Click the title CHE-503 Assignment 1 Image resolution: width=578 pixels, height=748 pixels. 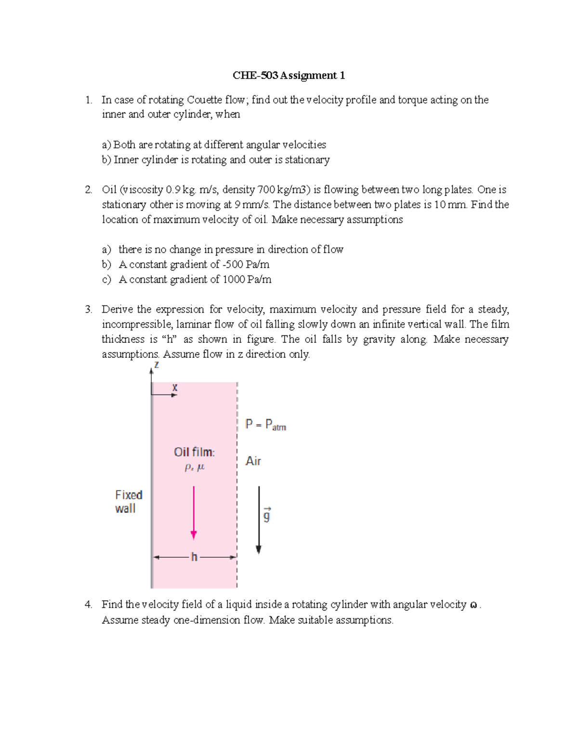click(x=289, y=76)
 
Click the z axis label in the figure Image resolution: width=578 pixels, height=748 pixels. click(x=157, y=365)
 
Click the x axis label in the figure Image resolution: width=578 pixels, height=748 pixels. click(x=175, y=387)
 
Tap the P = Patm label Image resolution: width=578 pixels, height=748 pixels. click(x=265, y=425)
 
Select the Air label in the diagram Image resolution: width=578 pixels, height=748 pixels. click(x=253, y=461)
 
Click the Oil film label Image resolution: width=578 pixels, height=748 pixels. click(x=194, y=452)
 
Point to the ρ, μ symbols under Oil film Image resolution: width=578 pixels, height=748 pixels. click(x=195, y=467)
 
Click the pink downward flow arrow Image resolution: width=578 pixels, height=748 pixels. click(x=194, y=512)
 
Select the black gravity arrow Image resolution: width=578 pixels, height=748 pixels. click(x=259, y=520)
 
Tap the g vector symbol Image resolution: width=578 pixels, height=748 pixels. click(x=267, y=515)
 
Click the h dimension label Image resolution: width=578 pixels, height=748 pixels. click(x=194, y=557)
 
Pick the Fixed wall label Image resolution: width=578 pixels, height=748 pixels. click(x=128, y=501)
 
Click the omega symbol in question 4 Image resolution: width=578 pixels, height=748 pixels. click(x=473, y=605)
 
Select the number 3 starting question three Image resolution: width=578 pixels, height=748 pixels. click(x=88, y=310)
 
